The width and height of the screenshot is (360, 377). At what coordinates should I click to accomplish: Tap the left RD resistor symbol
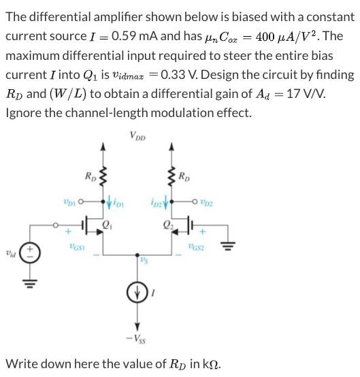point(103,180)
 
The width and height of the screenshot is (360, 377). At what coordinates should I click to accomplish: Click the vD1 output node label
point(66,201)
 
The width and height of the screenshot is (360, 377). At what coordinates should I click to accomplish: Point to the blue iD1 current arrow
point(103,201)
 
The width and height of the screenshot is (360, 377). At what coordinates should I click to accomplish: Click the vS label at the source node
point(144,259)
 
